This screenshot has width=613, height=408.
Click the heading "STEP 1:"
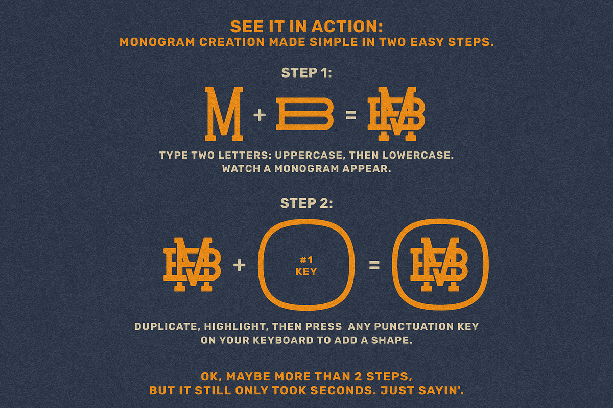click(306, 73)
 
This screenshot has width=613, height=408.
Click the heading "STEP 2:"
click(306, 203)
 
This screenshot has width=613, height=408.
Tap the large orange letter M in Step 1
click(224, 114)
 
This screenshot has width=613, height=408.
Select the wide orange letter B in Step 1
click(305, 114)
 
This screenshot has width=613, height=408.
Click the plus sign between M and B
click(260, 115)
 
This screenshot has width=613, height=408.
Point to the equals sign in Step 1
click(351, 115)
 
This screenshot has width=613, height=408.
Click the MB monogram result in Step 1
click(396, 114)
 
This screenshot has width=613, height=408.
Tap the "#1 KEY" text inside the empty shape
click(306, 265)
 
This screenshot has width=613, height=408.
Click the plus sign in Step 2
click(240, 265)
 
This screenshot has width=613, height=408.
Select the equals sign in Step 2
click(374, 265)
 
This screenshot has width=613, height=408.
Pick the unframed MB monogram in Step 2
click(193, 264)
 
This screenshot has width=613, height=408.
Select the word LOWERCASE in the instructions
click(418, 155)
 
